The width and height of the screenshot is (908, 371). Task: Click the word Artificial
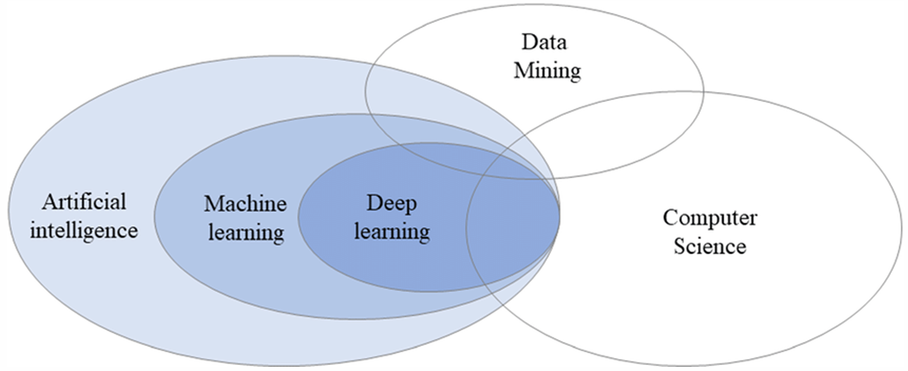point(84,202)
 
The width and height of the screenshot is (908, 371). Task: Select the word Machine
point(245,204)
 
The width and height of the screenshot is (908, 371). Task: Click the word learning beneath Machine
point(245,232)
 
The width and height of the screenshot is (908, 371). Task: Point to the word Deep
point(392,204)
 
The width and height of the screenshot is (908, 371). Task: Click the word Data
point(544,43)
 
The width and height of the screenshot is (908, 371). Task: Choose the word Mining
point(547,71)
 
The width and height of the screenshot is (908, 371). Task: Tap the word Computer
point(709,218)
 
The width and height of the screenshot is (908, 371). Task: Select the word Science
point(709,245)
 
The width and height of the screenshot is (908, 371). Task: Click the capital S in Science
point(679,245)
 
